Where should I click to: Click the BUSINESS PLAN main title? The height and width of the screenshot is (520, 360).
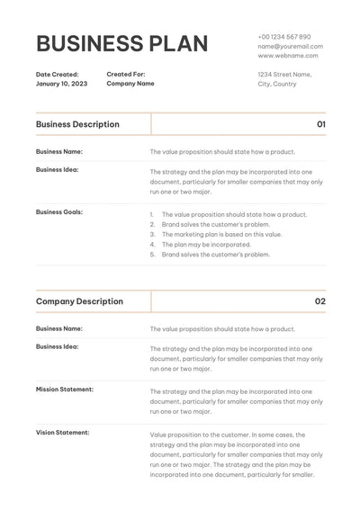pyautogui.click(x=121, y=44)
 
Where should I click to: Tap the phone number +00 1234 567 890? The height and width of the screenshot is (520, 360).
pyautogui.click(x=284, y=37)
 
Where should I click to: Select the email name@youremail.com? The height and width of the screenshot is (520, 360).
pyautogui.click(x=290, y=46)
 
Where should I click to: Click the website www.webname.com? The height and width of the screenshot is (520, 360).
pyautogui.click(x=287, y=55)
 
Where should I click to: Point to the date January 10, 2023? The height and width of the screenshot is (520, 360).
pyautogui.click(x=62, y=84)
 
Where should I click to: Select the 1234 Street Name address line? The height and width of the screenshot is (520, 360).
pyautogui.click(x=284, y=75)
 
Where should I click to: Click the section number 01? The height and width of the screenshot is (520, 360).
pyautogui.click(x=321, y=124)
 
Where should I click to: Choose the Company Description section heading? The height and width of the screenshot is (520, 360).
pyautogui.click(x=79, y=301)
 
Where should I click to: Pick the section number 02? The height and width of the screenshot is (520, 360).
pyautogui.click(x=320, y=301)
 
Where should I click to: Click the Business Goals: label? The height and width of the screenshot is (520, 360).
pyautogui.click(x=59, y=212)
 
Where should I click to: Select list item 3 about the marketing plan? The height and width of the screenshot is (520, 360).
pyautogui.click(x=221, y=234)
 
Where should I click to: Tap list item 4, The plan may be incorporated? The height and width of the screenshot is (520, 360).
pyautogui.click(x=206, y=244)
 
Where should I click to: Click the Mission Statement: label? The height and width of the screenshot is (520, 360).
pyautogui.click(x=65, y=390)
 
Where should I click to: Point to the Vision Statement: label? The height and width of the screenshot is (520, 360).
pyautogui.click(x=63, y=433)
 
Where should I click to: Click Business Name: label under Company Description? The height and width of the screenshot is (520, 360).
pyautogui.click(x=59, y=329)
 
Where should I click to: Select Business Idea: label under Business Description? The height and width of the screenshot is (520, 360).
pyautogui.click(x=58, y=169)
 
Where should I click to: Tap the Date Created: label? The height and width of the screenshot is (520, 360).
pyautogui.click(x=58, y=75)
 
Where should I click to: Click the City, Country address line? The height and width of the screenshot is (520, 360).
pyautogui.click(x=276, y=84)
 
